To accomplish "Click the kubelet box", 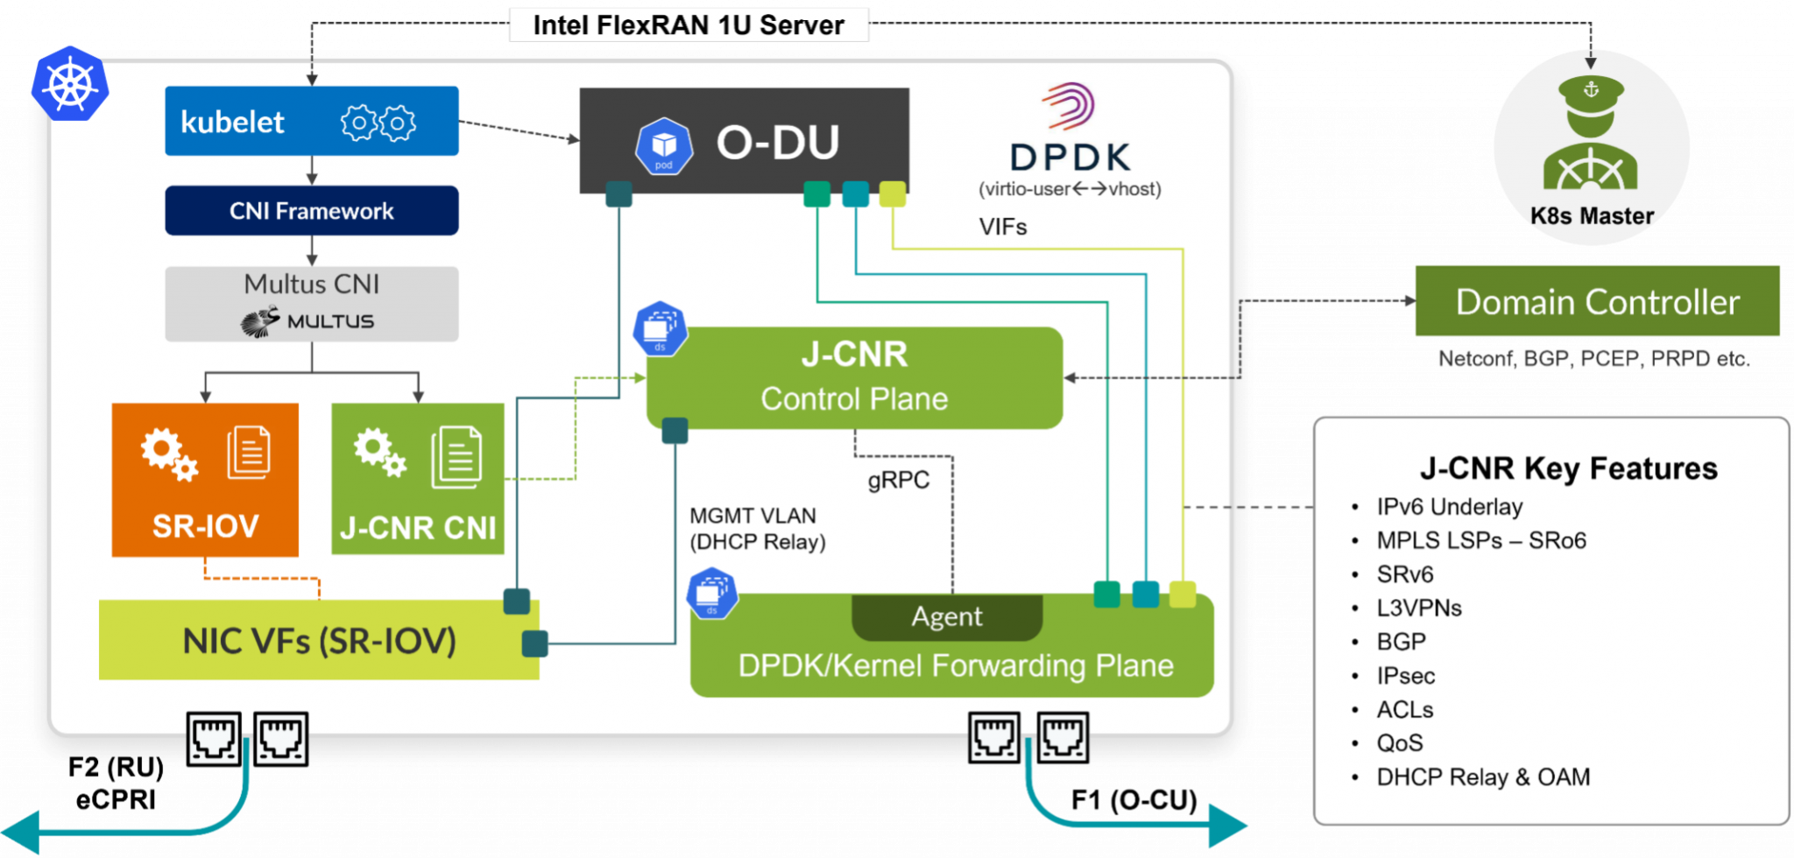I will (311, 121).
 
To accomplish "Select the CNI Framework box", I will (311, 211).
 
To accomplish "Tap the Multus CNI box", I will (311, 303).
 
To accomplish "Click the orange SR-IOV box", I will (205, 479).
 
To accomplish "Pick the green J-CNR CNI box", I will (418, 479).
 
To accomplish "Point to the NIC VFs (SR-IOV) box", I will (319, 640).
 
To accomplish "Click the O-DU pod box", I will (744, 141).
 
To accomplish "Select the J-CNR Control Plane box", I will (854, 377).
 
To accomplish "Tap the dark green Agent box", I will (947, 616).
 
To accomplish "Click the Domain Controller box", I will (1597, 301).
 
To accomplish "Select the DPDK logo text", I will (1070, 158).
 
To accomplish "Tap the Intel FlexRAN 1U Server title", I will (689, 25).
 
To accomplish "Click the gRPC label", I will (899, 481).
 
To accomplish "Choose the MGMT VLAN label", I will (753, 516).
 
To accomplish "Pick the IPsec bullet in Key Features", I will (1406, 676).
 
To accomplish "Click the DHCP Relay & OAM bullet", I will (1483, 777).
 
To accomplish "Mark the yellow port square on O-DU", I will (892, 193).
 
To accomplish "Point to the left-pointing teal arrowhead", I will (22, 831).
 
